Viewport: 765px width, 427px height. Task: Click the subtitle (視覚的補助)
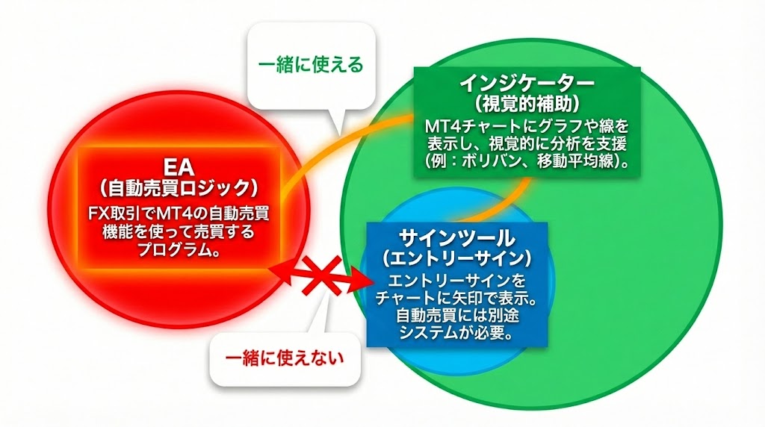(x=527, y=100)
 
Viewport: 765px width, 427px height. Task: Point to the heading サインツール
(x=456, y=239)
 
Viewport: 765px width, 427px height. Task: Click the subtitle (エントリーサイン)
(x=456, y=258)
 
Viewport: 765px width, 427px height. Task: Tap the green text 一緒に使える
(x=311, y=65)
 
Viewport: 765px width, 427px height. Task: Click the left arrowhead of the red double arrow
(x=278, y=270)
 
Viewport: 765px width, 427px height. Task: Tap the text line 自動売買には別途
(x=456, y=316)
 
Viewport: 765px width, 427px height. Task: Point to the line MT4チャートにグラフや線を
(x=527, y=124)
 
